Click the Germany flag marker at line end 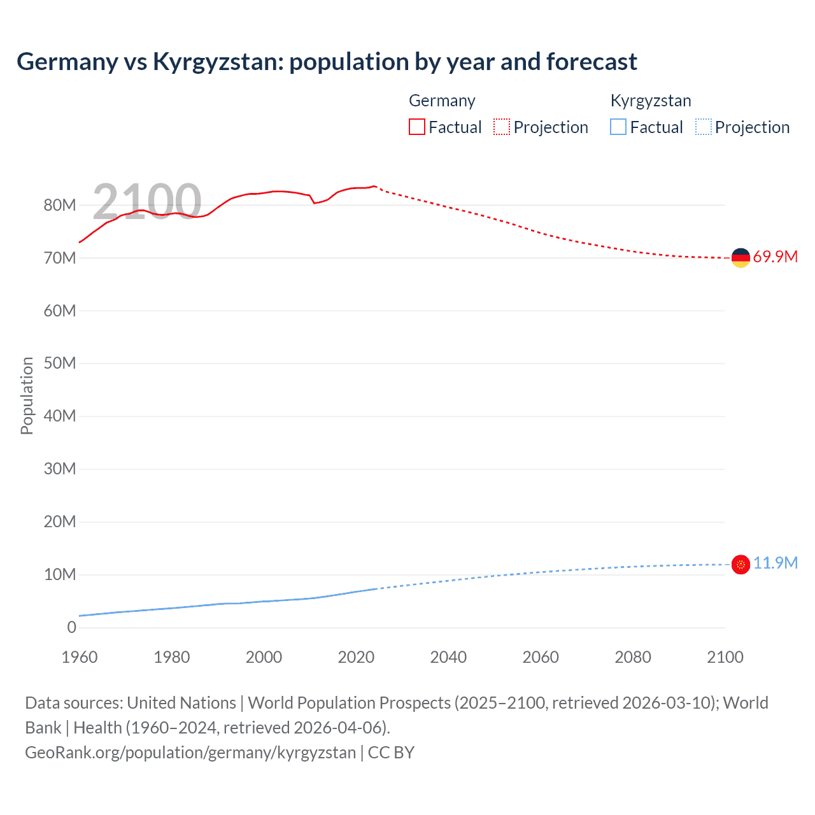click(741, 258)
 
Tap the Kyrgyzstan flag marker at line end click(741, 564)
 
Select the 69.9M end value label click(775, 257)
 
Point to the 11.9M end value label click(775, 563)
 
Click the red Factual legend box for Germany click(417, 127)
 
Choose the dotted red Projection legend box click(502, 127)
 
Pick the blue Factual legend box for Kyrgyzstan click(618, 127)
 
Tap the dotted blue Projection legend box click(704, 127)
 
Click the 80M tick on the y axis click(60, 206)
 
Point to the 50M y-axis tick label click(60, 364)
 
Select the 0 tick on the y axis click(71, 628)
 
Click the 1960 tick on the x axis click(80, 658)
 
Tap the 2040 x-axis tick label click(448, 658)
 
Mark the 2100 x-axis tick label click(725, 658)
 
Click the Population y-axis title click(27, 395)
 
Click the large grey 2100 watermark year click(147, 202)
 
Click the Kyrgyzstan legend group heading click(651, 101)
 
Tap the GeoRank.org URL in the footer click(190, 753)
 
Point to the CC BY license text click(391, 753)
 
